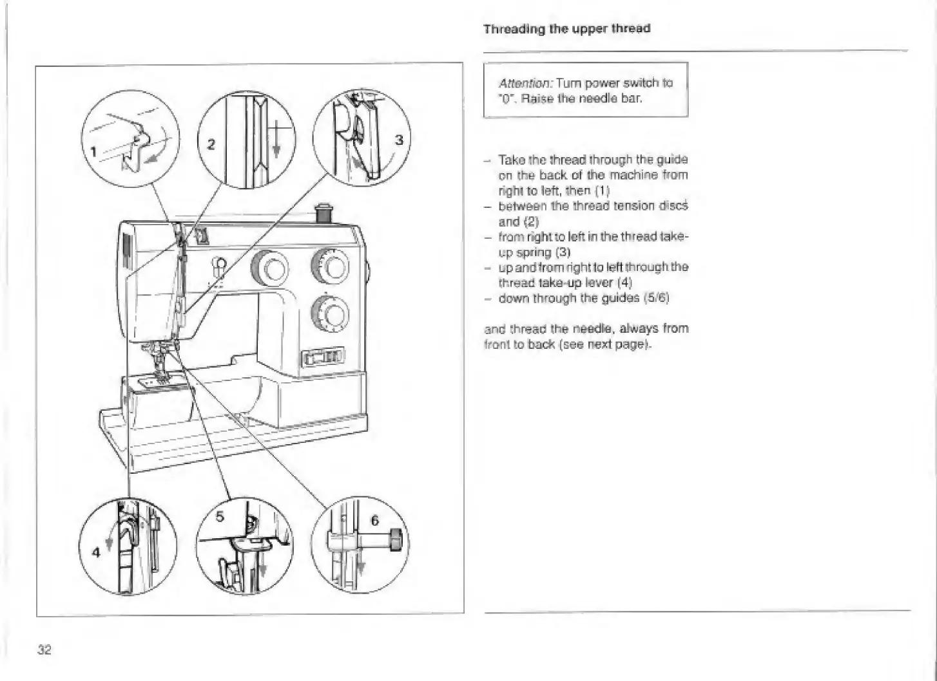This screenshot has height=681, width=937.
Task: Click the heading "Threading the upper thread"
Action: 566,29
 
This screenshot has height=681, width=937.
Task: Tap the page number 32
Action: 44,649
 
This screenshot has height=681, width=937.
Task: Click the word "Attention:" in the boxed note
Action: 525,83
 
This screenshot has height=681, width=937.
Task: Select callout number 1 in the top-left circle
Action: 94,152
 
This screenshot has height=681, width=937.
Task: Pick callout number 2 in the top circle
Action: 211,144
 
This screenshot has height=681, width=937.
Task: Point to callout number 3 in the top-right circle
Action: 399,140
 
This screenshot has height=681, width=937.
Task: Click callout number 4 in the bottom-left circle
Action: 96,552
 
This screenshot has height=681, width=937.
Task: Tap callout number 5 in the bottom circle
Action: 220,516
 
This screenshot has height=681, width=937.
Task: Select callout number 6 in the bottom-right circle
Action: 374,520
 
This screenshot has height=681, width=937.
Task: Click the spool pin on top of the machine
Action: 323,214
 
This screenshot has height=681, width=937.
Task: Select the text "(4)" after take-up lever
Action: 624,283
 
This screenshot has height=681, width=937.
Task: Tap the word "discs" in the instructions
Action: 674,206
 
